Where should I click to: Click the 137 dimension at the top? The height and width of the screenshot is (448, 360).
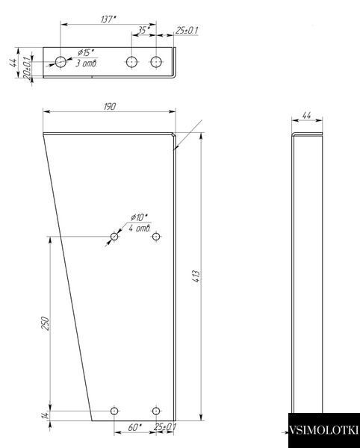coord(108,19)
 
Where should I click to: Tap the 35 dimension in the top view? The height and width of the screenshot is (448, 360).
coord(143,30)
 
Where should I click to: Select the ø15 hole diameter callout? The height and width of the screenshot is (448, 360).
coord(86,52)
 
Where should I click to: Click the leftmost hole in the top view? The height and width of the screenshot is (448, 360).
coord(60,62)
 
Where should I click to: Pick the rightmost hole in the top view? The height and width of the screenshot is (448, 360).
coord(156,62)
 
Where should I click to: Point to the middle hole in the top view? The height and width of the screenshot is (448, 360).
coord(131,62)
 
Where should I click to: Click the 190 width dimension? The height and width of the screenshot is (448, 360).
coord(110,107)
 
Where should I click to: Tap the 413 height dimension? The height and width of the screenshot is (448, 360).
coord(196,276)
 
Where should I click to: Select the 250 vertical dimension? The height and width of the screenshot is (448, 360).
coord(46,323)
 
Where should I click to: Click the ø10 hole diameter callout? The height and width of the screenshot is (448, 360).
coord(140,218)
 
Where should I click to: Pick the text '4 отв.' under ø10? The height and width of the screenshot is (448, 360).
coord(140,228)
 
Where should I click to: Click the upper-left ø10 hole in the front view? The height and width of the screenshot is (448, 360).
coord(114,237)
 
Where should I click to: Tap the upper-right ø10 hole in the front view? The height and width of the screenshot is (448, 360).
coord(156,237)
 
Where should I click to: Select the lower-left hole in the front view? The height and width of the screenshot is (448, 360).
coord(114,411)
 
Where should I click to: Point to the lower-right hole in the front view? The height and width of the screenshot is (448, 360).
coord(156,411)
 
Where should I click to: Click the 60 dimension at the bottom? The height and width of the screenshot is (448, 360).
coord(134,427)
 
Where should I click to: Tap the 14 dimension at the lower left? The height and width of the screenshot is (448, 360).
coord(46,416)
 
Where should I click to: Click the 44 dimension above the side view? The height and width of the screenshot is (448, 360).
coord(306,116)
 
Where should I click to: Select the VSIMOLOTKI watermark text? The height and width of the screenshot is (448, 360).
coord(323,430)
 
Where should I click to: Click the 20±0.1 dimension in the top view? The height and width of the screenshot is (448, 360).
coord(27,68)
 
